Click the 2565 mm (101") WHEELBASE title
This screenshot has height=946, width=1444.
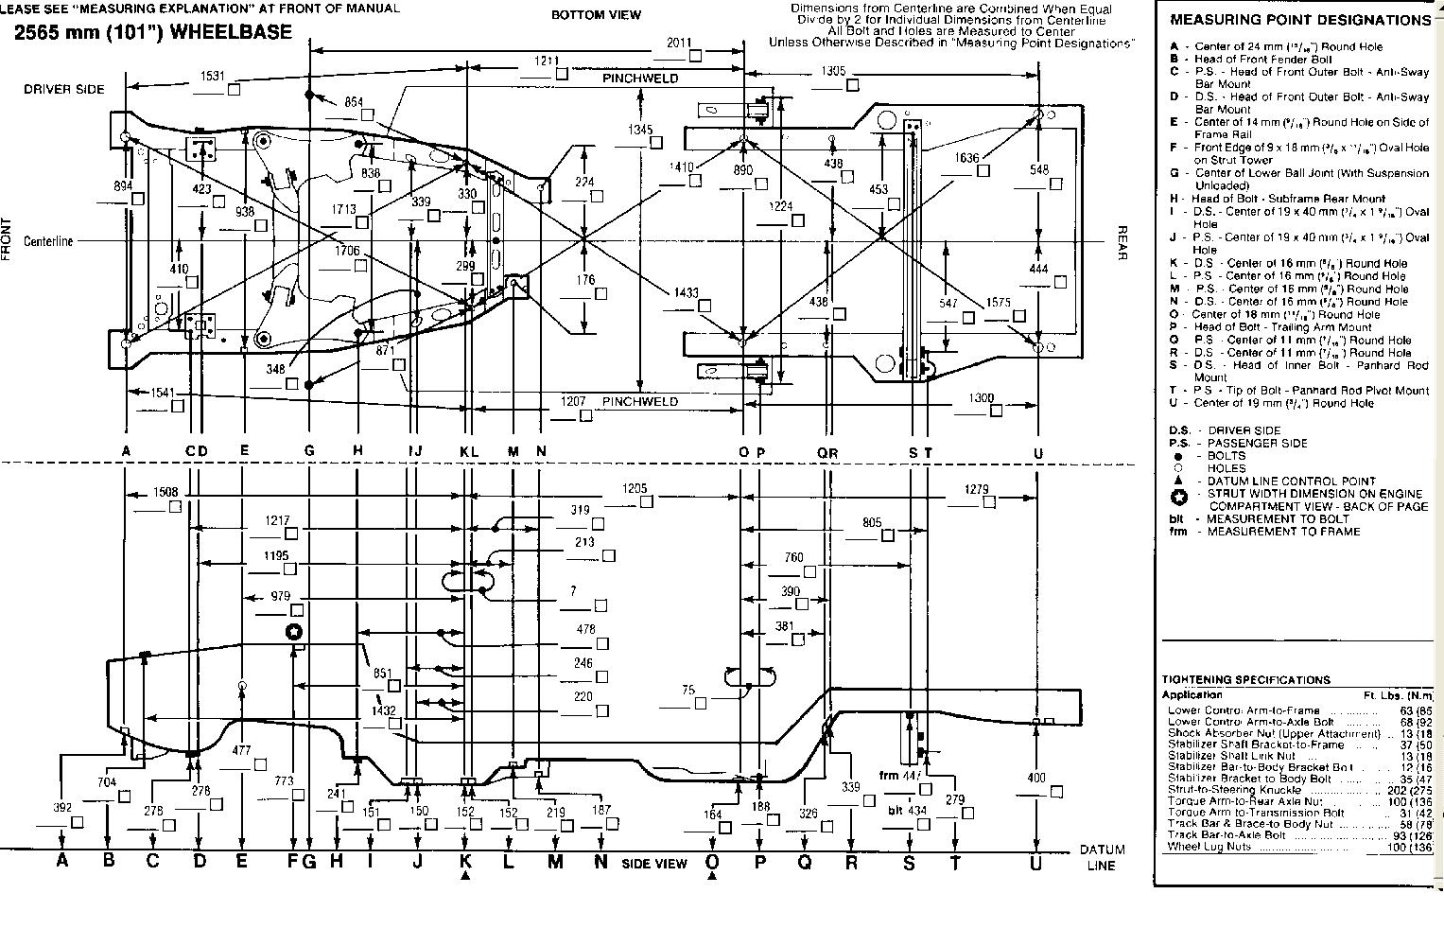pos(152,32)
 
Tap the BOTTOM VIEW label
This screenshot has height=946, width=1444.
pos(596,14)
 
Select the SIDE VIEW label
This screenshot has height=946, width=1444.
pos(653,864)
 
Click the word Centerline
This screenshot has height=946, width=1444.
pos(49,241)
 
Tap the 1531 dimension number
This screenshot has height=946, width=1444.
pos(214,76)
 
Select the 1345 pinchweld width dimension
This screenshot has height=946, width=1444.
pos(641,130)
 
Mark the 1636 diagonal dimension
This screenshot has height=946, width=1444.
pos(966,158)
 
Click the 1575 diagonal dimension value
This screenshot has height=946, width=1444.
pos(999,303)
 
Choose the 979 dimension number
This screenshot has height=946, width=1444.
pos(281,596)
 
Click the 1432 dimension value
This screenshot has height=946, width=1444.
pos(384,709)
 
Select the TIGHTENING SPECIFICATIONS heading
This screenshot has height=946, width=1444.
pos(1245,679)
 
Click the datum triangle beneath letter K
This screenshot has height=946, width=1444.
pos(465,877)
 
